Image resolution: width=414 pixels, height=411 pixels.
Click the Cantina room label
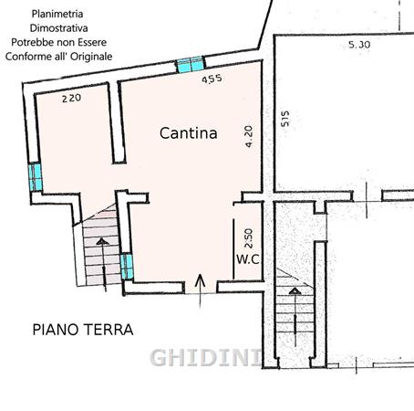pos(189,133)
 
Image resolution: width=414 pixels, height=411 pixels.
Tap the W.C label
pos(248,259)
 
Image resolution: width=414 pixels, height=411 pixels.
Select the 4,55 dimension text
pos(212,79)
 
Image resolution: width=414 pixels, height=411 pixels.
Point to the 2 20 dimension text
pos(71,98)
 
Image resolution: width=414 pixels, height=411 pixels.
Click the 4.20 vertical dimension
pos(249,137)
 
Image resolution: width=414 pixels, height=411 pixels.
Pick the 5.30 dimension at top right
pos(359,45)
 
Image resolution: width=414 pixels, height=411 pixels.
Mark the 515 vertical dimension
pos(285,119)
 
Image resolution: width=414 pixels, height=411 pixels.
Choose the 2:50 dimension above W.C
pos(248,238)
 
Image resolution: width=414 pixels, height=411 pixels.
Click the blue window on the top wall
pos(191,65)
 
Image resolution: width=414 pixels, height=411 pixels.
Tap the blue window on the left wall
pos(36,177)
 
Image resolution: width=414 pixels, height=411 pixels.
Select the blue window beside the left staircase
pos(127,267)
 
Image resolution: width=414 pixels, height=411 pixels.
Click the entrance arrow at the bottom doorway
pos(200,291)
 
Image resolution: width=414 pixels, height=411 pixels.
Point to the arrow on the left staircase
pos(103,264)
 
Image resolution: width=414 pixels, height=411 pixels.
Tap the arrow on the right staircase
pos(295,317)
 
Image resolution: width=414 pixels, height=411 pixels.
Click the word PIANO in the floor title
pos(56,330)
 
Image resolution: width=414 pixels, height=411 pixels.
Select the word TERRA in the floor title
pos(109,330)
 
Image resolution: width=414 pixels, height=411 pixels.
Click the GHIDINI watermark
pos(206,357)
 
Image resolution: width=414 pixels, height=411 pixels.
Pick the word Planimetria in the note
pos(57,14)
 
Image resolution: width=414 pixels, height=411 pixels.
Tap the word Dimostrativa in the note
pos(59,28)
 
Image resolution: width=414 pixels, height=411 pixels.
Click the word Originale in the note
pos(91,57)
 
